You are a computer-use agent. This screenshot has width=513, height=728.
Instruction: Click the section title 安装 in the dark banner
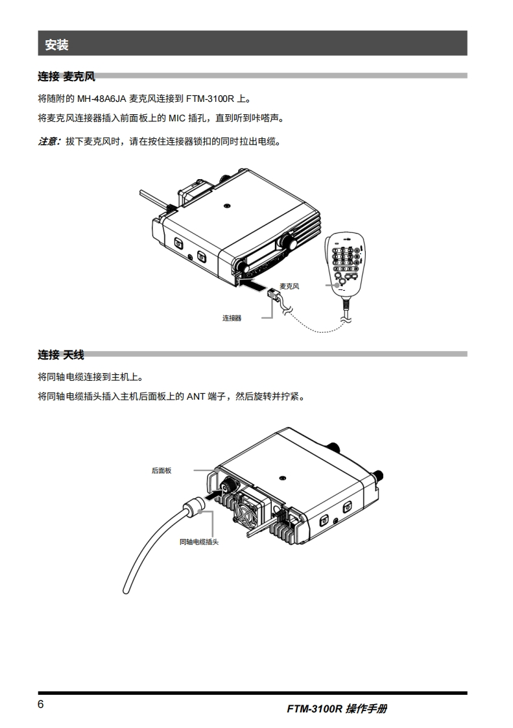[x=57, y=45]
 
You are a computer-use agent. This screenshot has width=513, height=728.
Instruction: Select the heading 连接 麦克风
[x=66, y=77]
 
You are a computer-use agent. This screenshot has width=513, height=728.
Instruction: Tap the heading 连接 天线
[x=61, y=355]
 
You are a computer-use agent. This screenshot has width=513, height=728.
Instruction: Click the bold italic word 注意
[x=49, y=141]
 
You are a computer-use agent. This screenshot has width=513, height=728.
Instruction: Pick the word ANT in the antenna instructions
[x=196, y=396]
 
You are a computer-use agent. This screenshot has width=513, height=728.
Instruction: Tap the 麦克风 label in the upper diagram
[x=289, y=285]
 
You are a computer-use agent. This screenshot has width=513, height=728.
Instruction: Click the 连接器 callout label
[x=232, y=318]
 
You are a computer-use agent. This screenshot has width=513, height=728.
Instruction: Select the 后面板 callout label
[x=161, y=470]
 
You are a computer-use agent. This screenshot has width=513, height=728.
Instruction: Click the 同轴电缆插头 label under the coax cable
[x=199, y=542]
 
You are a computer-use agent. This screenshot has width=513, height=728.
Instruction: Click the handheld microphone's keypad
[x=345, y=259]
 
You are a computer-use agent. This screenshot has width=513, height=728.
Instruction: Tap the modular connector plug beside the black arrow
[x=274, y=295]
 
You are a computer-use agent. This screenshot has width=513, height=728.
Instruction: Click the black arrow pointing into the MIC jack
[x=252, y=284]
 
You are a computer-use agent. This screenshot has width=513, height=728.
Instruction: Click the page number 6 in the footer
[x=41, y=705]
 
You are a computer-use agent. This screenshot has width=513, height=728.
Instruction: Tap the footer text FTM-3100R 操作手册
[x=337, y=709]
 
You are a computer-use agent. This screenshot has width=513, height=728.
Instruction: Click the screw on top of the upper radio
[x=226, y=206]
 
